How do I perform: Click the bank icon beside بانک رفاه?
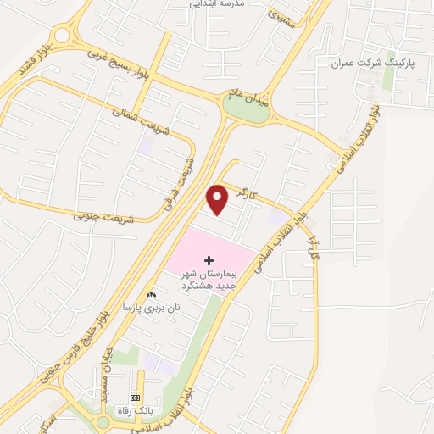(x=134, y=398)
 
